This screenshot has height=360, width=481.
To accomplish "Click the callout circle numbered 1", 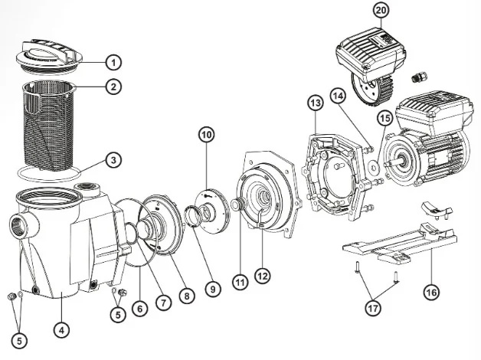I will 113,62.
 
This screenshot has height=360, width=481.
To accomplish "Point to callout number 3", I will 113,160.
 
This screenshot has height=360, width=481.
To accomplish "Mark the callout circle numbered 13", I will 316,103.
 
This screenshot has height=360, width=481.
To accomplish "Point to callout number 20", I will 381,10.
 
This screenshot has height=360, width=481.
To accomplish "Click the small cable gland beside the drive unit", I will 419,77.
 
